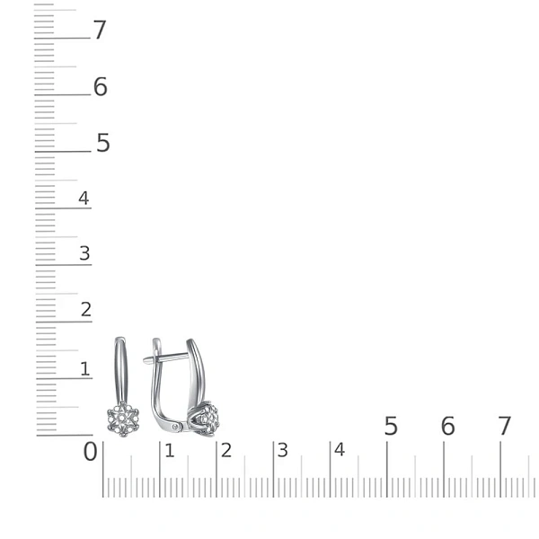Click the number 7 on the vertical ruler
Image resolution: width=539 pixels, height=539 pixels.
[x=100, y=30]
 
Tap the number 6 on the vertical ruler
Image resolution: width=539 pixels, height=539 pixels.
[x=101, y=86]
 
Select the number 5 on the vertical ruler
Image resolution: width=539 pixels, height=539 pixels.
[x=102, y=143]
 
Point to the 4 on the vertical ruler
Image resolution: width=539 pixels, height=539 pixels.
[x=84, y=198]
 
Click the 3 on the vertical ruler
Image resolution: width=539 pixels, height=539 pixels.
[x=84, y=253]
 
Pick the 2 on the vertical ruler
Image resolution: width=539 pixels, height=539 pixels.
[x=86, y=309]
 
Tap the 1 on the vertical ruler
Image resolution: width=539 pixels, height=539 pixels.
[x=85, y=369]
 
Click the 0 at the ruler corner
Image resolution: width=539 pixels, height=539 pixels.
[x=91, y=451]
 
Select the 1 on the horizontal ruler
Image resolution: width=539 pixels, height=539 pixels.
[x=169, y=451]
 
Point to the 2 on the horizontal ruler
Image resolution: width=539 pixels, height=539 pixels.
[x=226, y=451]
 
